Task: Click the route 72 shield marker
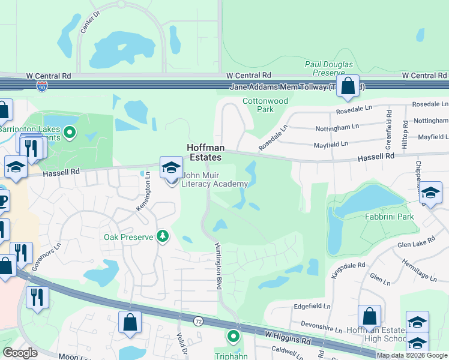(197, 322)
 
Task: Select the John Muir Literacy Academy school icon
(171, 167)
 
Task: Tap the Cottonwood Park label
(265, 106)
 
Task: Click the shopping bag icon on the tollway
(348, 86)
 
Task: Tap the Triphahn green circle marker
(233, 337)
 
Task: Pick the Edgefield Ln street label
(312, 306)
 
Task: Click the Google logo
(20, 353)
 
